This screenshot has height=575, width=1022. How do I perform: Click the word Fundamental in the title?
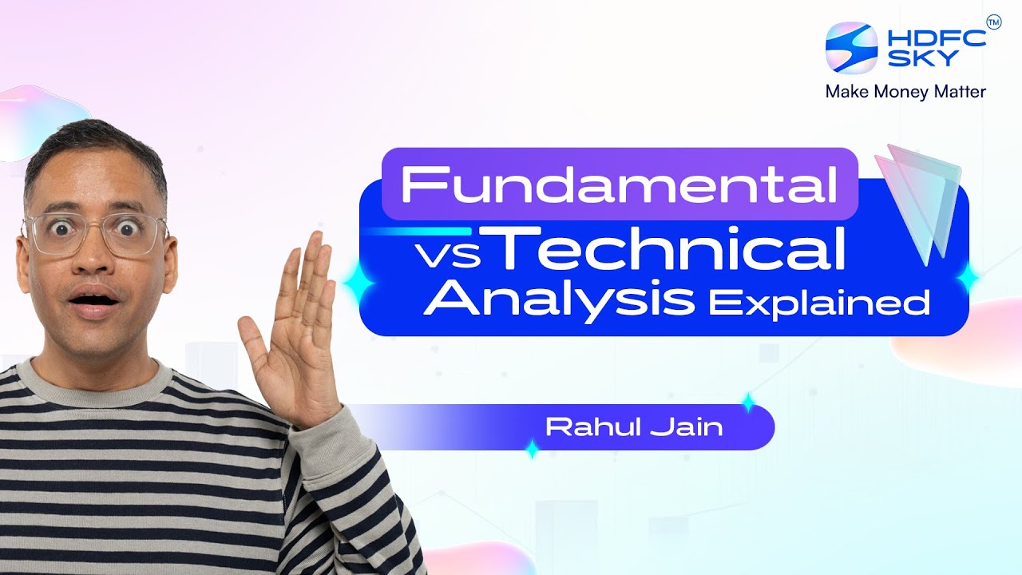619,184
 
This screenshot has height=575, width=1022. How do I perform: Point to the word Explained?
819,303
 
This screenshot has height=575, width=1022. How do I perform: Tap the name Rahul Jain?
633,427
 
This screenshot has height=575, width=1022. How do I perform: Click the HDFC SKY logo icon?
851,47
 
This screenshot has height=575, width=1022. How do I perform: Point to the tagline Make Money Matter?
905,92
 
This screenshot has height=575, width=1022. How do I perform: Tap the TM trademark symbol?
993,22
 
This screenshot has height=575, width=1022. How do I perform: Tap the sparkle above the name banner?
747,402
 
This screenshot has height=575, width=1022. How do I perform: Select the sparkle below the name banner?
532,450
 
